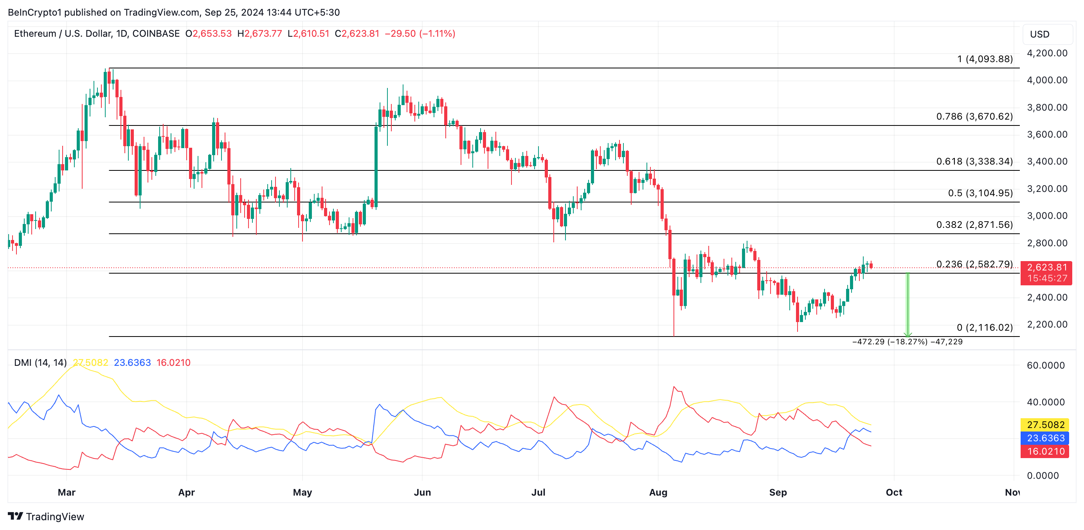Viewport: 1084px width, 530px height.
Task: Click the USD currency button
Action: click(1039, 34)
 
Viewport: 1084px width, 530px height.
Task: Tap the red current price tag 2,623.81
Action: click(1046, 268)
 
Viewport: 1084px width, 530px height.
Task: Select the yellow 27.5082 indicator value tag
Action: click(1045, 424)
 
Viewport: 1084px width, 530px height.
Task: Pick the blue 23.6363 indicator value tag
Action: click(1045, 438)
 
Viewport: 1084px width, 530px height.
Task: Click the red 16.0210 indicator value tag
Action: click(1045, 451)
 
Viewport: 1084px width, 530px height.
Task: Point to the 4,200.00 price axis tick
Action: click(1046, 53)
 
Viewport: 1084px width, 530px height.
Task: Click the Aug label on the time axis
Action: click(658, 492)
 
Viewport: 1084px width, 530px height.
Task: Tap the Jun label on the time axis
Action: click(422, 492)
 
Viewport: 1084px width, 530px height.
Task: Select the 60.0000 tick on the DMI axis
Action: click(1045, 365)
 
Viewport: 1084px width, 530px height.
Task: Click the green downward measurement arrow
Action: click(908, 305)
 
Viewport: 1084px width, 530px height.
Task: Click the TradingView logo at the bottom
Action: click(46, 516)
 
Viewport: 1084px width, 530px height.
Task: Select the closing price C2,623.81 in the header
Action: click(357, 34)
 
